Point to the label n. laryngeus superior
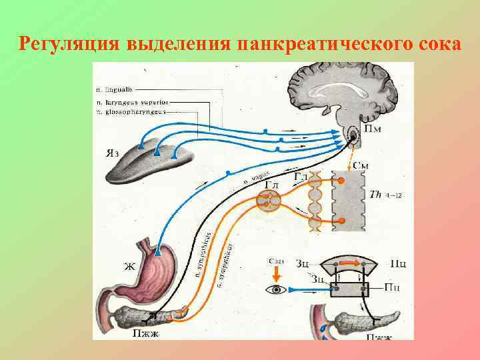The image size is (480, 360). pyautogui.click(x=131, y=101)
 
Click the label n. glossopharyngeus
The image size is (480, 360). pyautogui.click(x=130, y=112)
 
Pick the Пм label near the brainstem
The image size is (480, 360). pyautogui.click(x=373, y=128)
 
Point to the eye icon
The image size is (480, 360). pyautogui.click(x=274, y=289)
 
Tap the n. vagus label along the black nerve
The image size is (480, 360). pyautogui.click(x=256, y=179)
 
